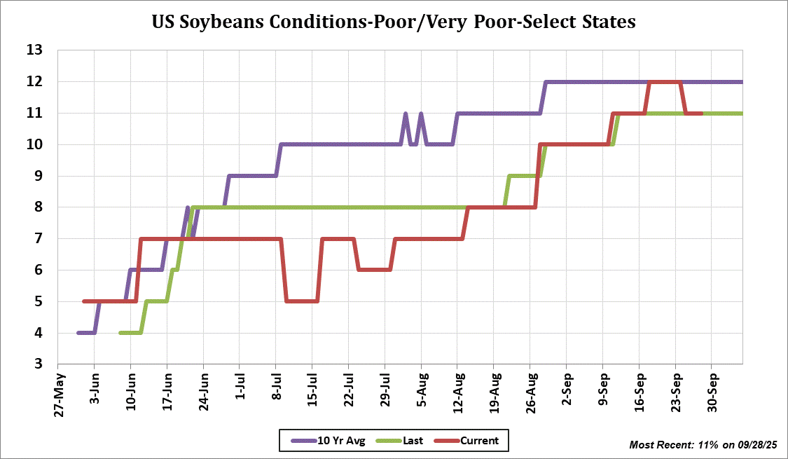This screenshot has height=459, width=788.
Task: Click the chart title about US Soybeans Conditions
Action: pos(394,22)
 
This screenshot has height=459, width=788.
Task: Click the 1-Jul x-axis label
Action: pos(240,387)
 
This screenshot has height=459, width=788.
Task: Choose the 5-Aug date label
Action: pos(421,387)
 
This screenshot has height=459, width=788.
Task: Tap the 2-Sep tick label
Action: pos(567,387)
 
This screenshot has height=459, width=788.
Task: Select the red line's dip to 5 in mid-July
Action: pos(302,301)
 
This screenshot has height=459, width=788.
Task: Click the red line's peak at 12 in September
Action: pos(665,82)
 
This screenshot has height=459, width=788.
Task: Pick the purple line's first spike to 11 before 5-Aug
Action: pos(406,114)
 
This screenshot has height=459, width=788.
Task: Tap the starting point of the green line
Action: pos(121,333)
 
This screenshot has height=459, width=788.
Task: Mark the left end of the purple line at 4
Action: pos(79,333)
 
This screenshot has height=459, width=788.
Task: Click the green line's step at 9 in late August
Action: pos(523,176)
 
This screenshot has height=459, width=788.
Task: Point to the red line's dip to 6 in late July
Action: pos(374,270)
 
